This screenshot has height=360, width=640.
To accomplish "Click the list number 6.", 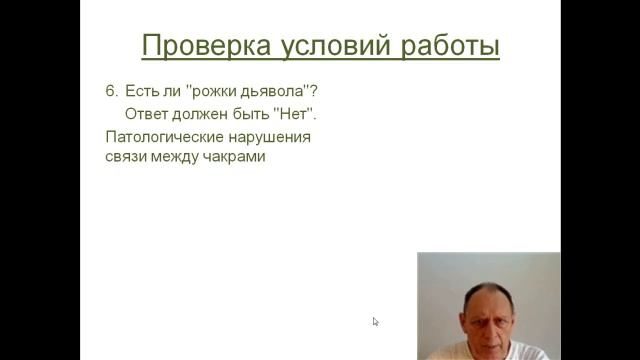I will coord(111,91).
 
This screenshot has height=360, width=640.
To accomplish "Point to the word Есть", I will coord(142,91).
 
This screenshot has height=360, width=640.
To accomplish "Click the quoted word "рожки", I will coord(208,91).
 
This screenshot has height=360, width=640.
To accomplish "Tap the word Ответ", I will coord(148,113).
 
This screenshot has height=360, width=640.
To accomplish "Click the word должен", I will coord(204,113).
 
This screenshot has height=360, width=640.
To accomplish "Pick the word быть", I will coord(254,113).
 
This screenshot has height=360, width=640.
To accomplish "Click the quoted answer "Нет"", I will coord(296,113).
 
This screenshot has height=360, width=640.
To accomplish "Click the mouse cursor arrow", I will coord(375,321).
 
